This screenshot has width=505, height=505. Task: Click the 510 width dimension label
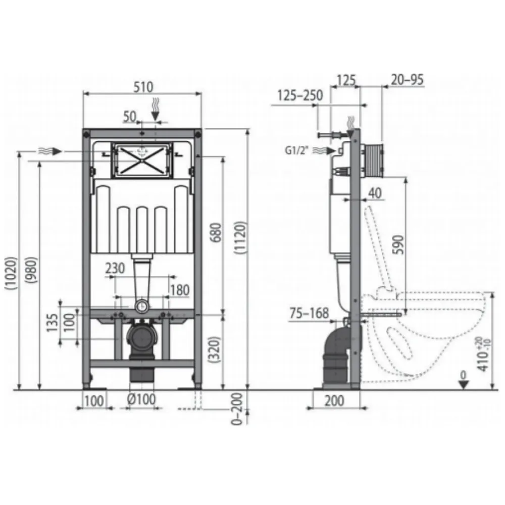(143, 87)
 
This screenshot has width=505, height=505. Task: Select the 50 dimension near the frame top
(130, 117)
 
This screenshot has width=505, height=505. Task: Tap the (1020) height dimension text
(11, 273)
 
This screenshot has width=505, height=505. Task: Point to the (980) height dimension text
(32, 270)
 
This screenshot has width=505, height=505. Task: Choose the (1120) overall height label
(240, 238)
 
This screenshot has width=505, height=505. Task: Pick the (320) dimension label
(214, 350)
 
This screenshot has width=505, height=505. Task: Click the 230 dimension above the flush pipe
(115, 268)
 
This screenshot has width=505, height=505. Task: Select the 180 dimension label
(180, 290)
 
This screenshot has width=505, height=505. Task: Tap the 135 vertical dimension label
(53, 323)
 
